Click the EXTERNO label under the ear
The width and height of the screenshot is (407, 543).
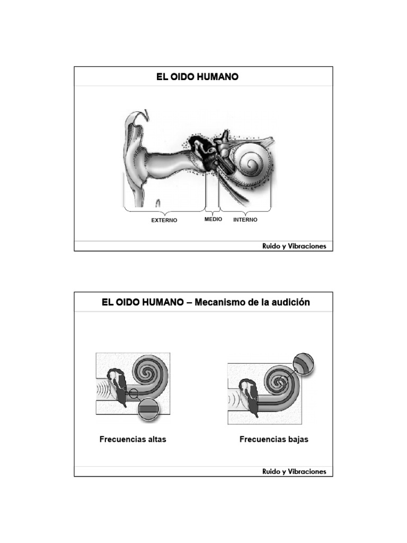164,221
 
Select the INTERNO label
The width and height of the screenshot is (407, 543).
245,220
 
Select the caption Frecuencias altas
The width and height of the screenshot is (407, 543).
133,440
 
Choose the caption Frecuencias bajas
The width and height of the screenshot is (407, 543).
274,440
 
